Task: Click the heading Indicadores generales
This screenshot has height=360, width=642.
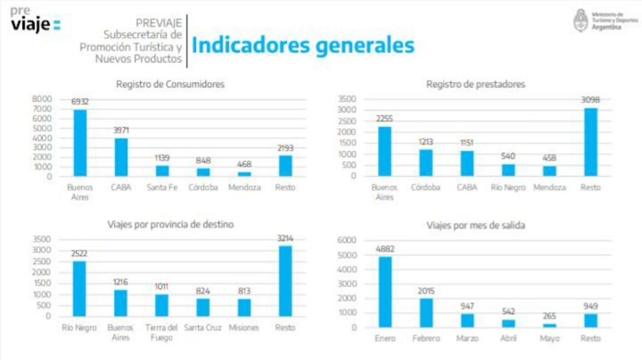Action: pyautogui.click(x=303, y=45)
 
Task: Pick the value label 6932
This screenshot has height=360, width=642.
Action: pyautogui.click(x=80, y=101)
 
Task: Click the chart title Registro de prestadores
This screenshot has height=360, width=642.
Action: pyautogui.click(x=475, y=84)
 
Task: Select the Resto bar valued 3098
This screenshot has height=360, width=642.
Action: pyautogui.click(x=591, y=142)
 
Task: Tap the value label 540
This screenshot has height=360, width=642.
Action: pyautogui.click(x=508, y=156)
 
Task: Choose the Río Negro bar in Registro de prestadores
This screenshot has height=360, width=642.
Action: pyautogui.click(x=508, y=170)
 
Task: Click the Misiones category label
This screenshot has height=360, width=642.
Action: pyautogui.click(x=243, y=327)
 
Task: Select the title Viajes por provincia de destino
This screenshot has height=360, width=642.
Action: pyautogui.click(x=171, y=224)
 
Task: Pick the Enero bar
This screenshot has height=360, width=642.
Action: pyautogui.click(x=386, y=292)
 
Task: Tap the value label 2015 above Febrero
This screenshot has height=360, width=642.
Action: pyautogui.click(x=426, y=291)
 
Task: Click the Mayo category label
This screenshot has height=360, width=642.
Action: pyautogui.click(x=549, y=339)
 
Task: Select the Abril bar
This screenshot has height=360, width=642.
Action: pyautogui.click(x=508, y=323)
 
